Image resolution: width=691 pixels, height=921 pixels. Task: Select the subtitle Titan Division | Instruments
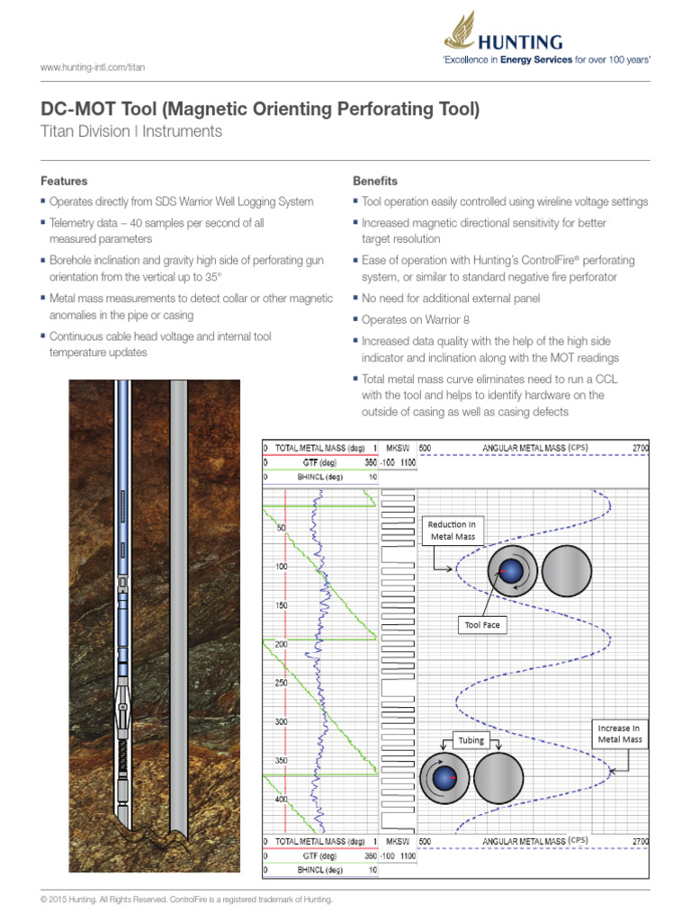point(131,131)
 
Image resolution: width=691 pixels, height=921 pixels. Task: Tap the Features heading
point(64,181)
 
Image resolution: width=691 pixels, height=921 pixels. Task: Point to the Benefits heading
point(374,181)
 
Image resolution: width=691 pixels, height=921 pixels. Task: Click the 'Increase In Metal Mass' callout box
point(619,733)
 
